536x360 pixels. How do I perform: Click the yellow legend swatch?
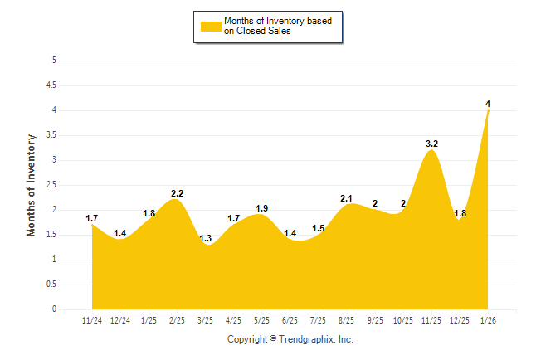pyautogui.click(x=211, y=26)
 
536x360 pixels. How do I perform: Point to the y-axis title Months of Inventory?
pyautogui.click(x=32, y=185)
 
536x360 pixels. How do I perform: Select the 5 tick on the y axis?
pyautogui.click(x=54, y=61)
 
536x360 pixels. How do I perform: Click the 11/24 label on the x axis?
pyautogui.click(x=92, y=321)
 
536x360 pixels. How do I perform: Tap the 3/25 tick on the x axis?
pyautogui.click(x=205, y=321)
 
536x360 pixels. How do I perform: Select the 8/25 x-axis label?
pyautogui.click(x=347, y=321)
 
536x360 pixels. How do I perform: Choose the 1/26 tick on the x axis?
pyautogui.click(x=488, y=321)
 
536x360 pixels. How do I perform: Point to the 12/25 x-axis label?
pyautogui.click(x=460, y=321)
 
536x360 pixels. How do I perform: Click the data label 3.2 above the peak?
pyautogui.click(x=431, y=144)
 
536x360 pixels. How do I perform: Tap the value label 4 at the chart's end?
pyautogui.click(x=488, y=104)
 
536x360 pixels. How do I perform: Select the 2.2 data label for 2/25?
pyautogui.click(x=177, y=193)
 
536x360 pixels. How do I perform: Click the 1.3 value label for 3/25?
pyautogui.click(x=205, y=238)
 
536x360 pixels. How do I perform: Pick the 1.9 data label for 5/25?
pyautogui.click(x=261, y=208)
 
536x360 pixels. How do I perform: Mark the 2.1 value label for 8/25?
pyautogui.click(x=347, y=198)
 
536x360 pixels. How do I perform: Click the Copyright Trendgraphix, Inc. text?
pyautogui.click(x=290, y=340)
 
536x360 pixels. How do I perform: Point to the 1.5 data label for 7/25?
pyautogui.click(x=319, y=228)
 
